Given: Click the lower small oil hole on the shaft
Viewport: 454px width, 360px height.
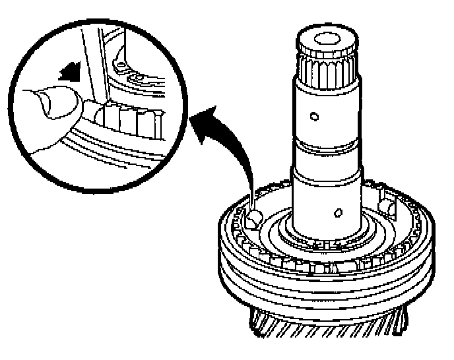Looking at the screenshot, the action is point(338,213).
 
